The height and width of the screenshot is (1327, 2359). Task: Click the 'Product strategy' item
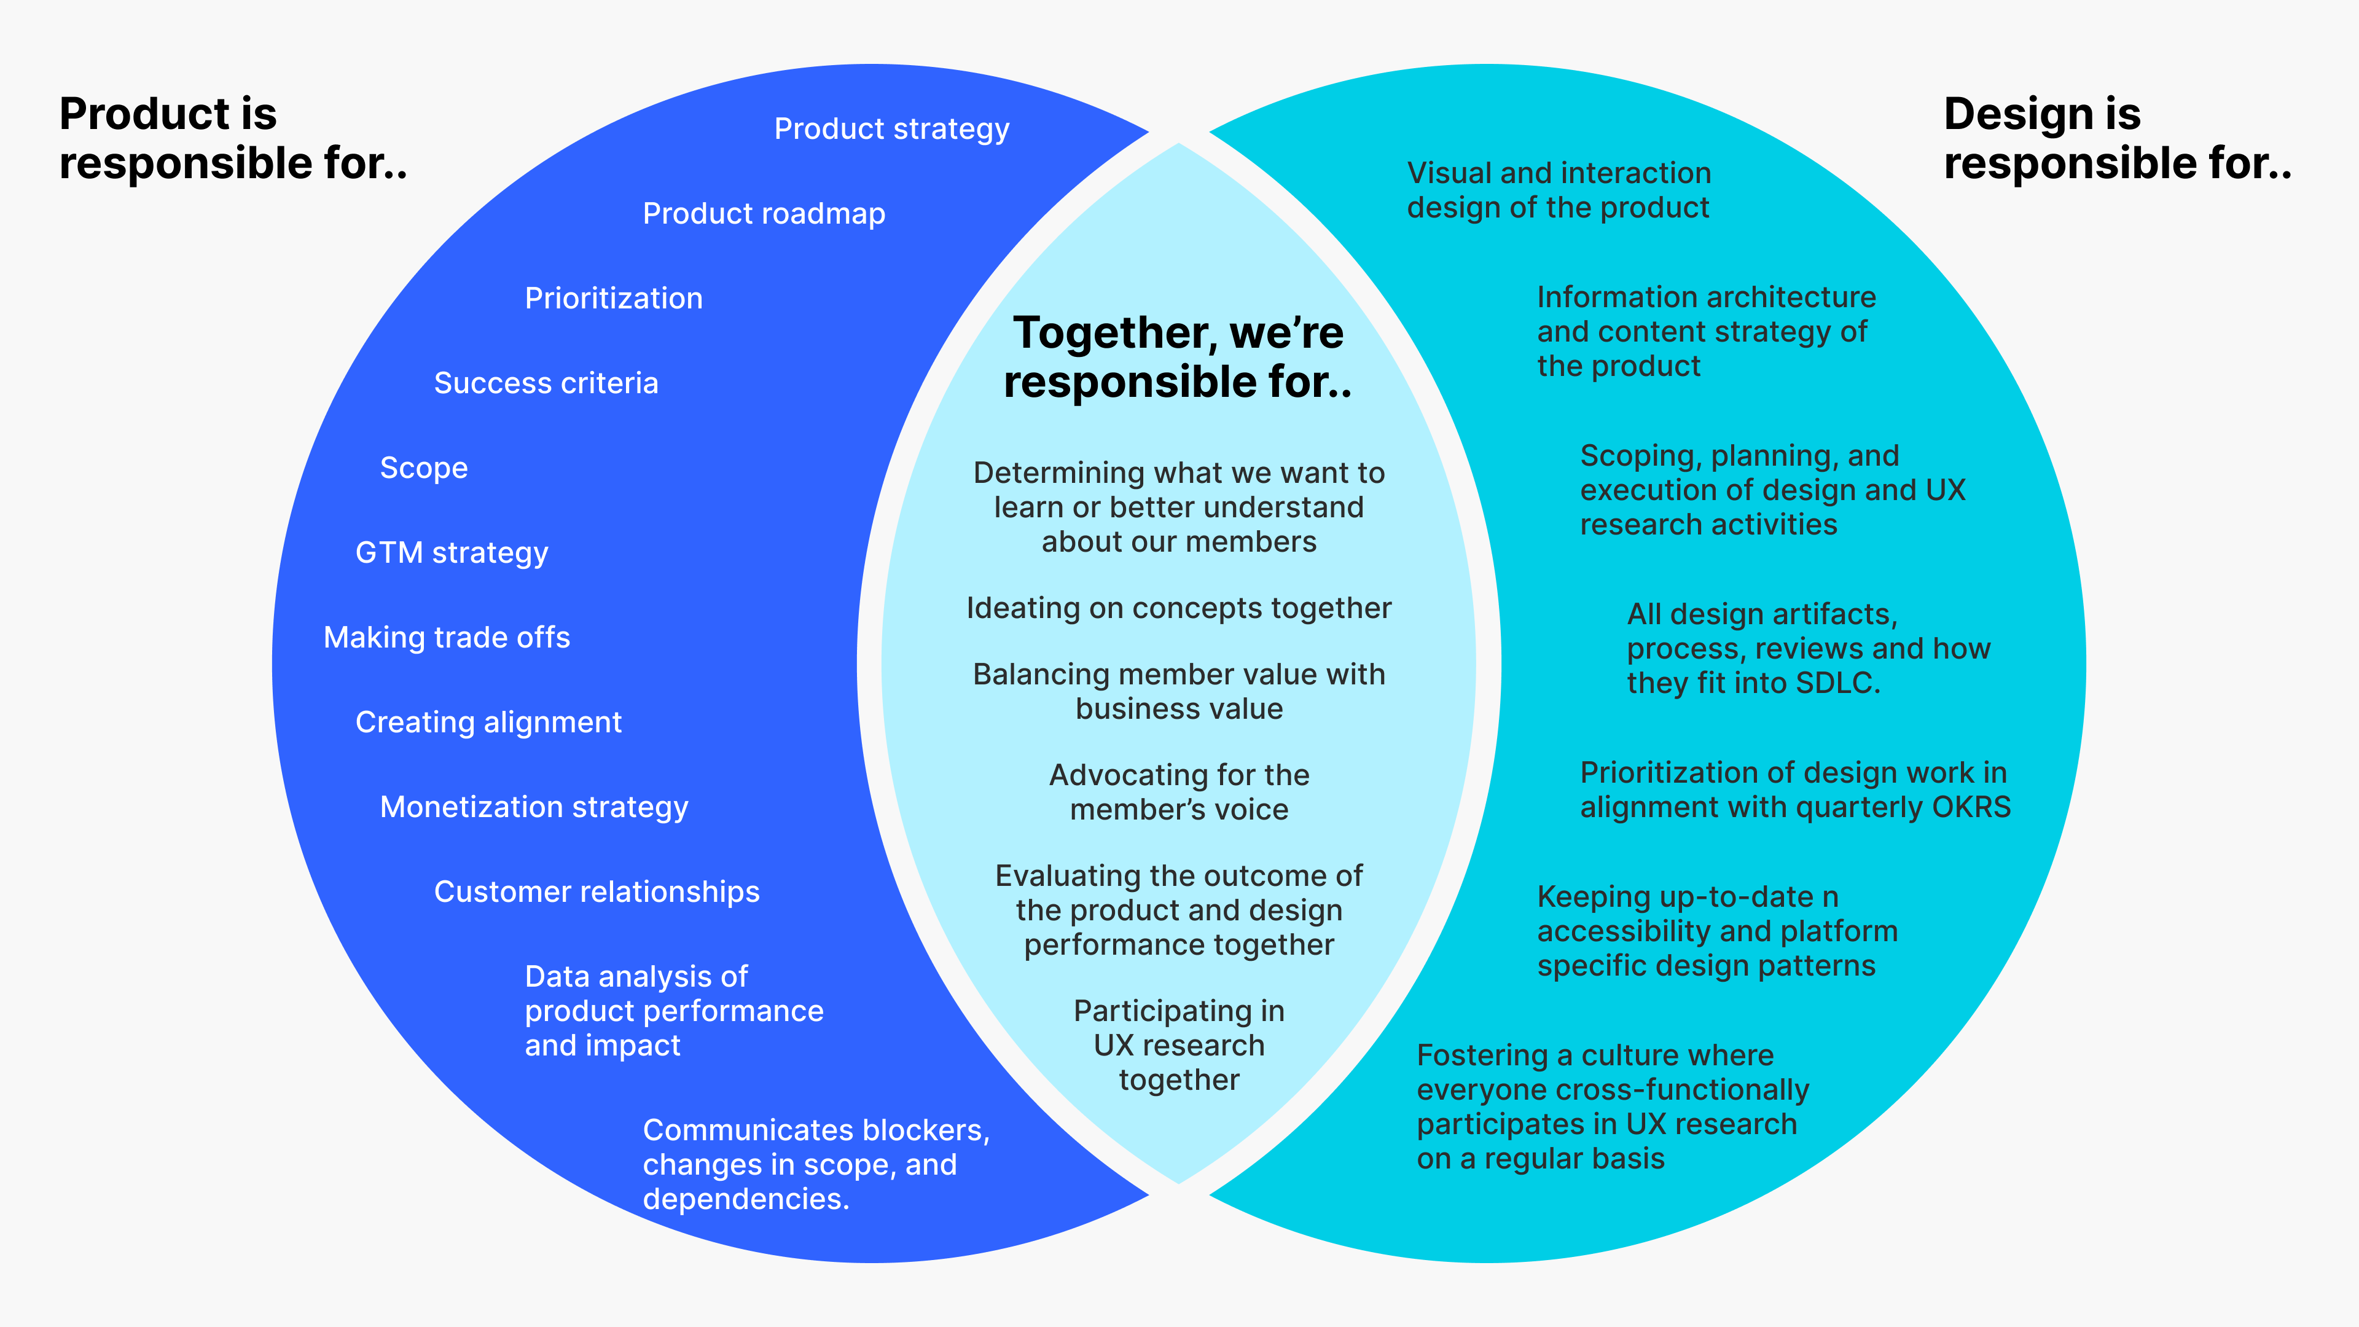891,129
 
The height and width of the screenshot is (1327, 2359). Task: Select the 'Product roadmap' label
764,213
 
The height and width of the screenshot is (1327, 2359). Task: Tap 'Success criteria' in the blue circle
546,383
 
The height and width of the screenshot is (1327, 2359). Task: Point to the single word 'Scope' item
423,468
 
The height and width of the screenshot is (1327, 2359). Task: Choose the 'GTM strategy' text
452,553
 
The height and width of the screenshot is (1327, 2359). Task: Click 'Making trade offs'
447,638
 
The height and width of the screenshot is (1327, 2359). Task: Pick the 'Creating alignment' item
488,722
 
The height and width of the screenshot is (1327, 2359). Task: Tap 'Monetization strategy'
534,807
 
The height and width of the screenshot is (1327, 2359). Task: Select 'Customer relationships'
596,892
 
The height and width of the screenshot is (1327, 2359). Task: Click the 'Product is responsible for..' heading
233,138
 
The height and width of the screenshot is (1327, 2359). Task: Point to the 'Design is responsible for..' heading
2117,138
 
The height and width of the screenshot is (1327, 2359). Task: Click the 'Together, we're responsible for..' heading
1178,357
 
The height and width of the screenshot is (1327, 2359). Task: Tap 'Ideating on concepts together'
1179,608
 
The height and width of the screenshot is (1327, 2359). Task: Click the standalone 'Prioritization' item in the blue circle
614,299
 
